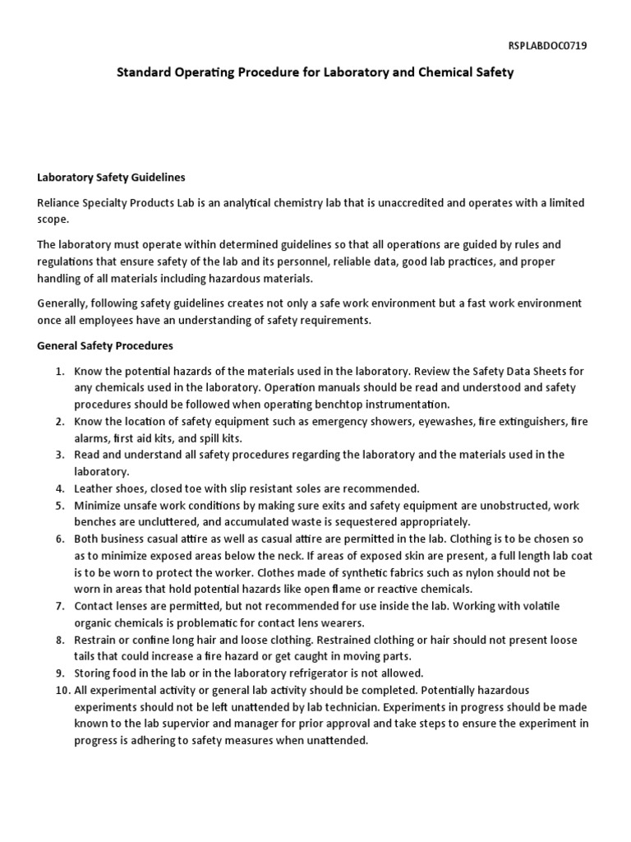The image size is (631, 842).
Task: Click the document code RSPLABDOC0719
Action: click(x=548, y=46)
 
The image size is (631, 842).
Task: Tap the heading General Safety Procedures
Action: click(x=105, y=345)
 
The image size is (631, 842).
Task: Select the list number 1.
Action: click(x=59, y=371)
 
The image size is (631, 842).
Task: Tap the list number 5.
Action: click(x=59, y=505)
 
